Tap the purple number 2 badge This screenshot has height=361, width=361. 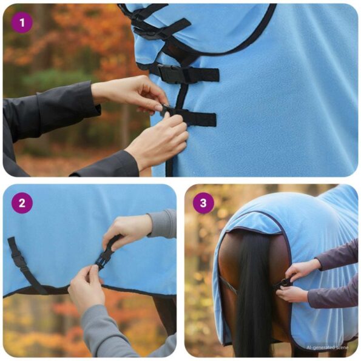coord(22,203)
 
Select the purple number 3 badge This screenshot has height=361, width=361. coord(203,203)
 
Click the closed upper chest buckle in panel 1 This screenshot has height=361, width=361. coord(171,73)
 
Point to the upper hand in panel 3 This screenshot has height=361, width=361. coord(302,269)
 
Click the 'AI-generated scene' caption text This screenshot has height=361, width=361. coord(327,348)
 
